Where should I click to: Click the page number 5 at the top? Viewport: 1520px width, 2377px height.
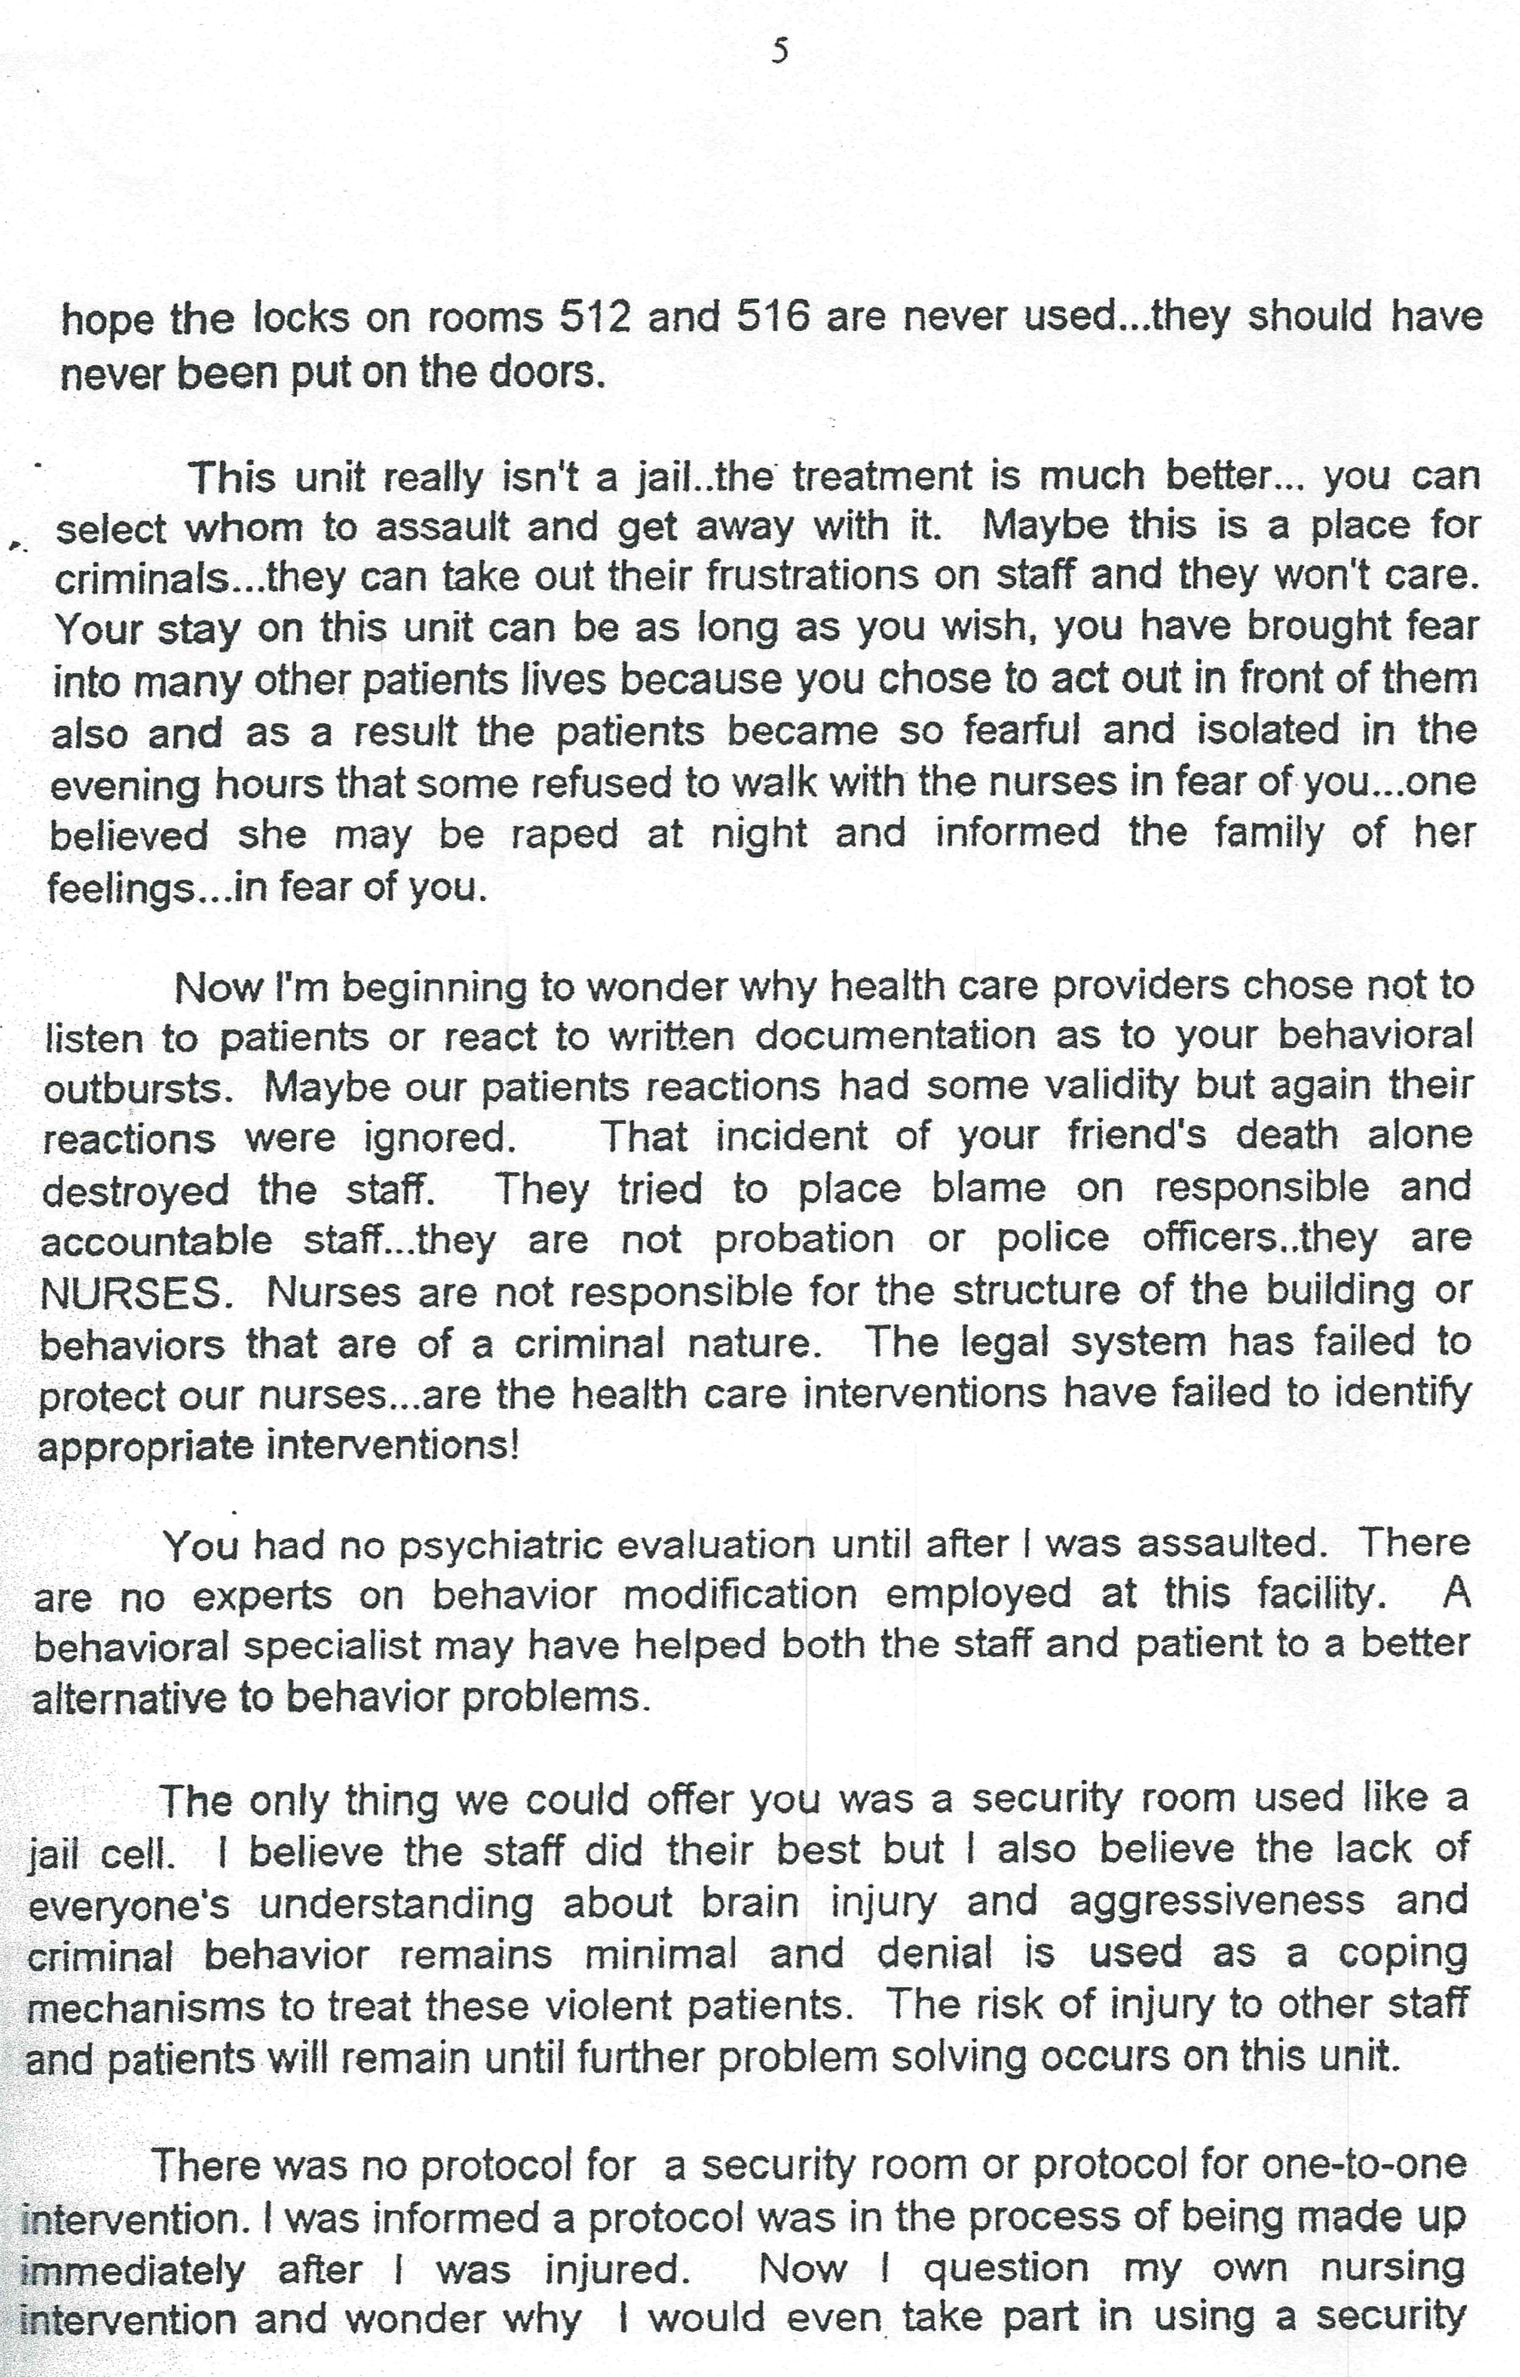click(x=780, y=51)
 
